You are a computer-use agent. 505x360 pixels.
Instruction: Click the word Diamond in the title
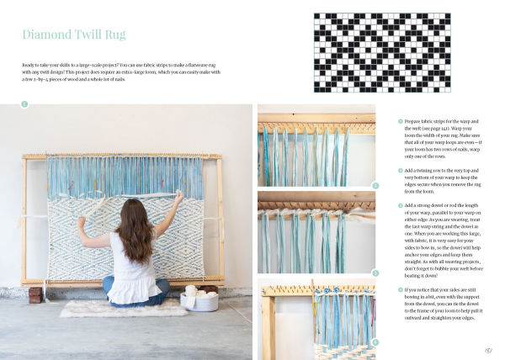(x=50, y=35)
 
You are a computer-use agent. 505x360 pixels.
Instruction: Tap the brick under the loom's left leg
(x=35, y=295)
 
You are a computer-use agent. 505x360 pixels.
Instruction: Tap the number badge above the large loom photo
(x=24, y=104)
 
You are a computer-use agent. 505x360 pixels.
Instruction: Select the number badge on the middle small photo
(x=375, y=273)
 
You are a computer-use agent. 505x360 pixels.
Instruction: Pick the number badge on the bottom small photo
(x=375, y=343)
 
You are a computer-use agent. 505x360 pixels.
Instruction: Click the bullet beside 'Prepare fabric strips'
(x=401, y=121)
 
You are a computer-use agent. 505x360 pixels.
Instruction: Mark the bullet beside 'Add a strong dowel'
(x=401, y=206)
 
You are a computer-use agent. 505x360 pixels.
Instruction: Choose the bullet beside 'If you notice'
(x=401, y=290)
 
